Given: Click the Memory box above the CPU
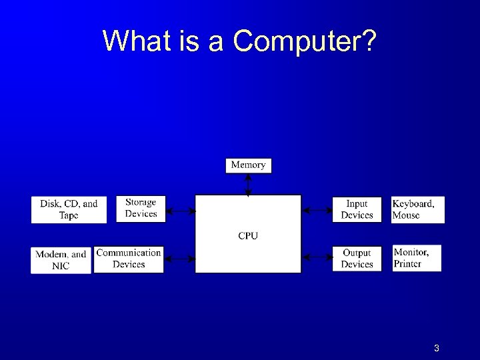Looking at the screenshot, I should (248, 165).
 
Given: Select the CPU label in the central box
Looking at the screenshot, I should (248, 235).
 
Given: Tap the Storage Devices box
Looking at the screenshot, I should (141, 208).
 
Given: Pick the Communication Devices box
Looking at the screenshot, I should (129, 259).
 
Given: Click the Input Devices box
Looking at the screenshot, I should (357, 209).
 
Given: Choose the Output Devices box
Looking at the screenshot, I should (357, 259).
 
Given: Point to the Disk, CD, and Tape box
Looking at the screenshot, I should (69, 209).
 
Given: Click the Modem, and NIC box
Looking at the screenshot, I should (61, 260).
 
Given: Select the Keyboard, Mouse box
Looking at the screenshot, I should (417, 209).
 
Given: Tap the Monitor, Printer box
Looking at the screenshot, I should (416, 258).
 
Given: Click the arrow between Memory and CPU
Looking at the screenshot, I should (248, 184).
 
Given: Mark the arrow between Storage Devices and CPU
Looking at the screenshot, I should (180, 211).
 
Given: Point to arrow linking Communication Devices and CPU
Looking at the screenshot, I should (179, 257).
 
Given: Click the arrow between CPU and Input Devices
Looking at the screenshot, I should (317, 211).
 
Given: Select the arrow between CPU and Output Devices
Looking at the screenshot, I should (317, 256).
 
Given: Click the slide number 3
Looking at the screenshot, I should (436, 348).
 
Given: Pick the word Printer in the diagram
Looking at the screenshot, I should (407, 263).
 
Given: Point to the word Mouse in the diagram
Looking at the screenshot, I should (406, 215).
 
